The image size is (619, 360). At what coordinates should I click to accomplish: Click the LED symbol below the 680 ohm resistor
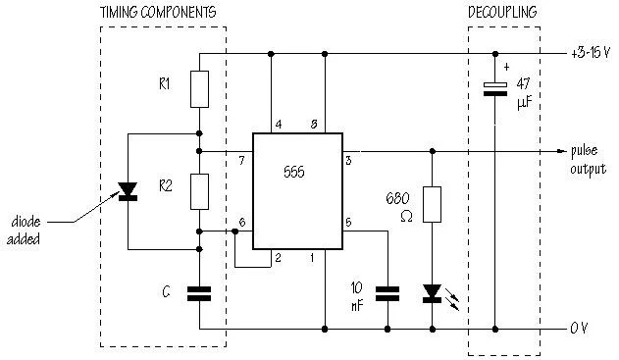[431, 292]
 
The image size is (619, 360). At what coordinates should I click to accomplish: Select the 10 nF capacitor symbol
[388, 292]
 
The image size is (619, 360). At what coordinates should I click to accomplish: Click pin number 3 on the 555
[347, 159]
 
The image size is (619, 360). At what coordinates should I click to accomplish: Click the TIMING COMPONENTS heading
[158, 11]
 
